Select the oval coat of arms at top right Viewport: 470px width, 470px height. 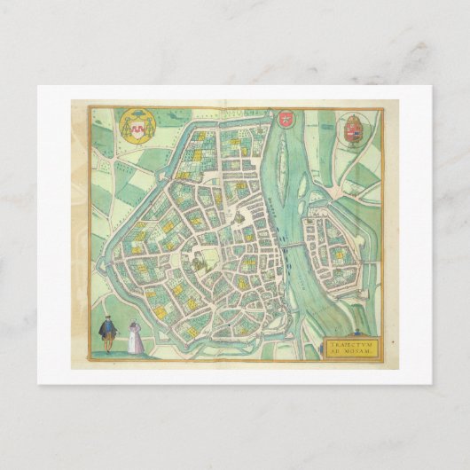click(351, 128)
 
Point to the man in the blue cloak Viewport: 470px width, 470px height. click(107, 335)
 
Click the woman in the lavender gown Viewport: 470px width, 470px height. click(135, 340)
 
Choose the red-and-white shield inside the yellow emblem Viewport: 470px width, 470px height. click(137, 129)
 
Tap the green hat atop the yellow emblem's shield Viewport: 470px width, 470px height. click(137, 116)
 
